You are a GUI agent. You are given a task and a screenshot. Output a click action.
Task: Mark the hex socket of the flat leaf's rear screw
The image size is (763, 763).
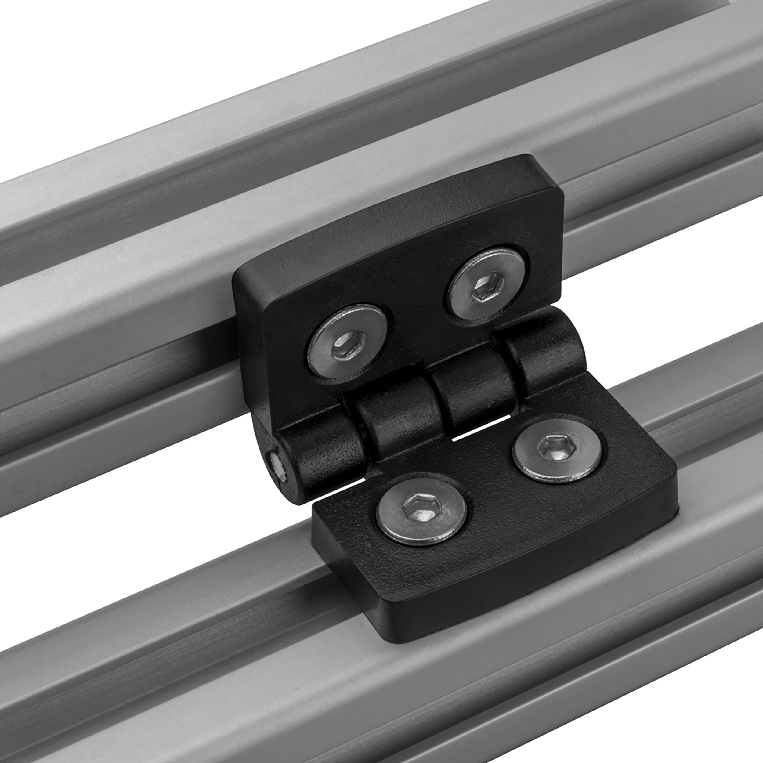coord(556,449)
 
